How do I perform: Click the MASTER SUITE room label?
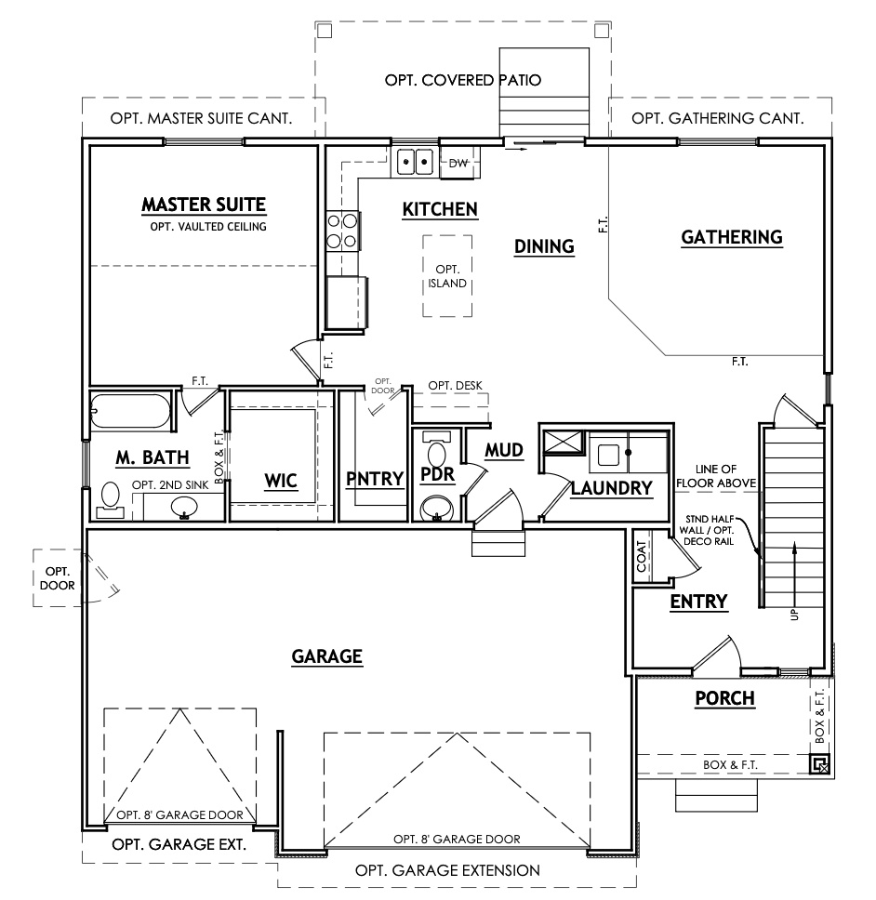click(204, 205)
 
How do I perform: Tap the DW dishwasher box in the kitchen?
click(458, 163)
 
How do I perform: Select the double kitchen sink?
click(414, 162)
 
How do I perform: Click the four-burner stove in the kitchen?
click(343, 231)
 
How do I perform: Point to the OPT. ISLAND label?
click(447, 276)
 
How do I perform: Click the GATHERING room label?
click(732, 237)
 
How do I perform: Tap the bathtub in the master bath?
click(131, 412)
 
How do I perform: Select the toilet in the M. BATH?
click(111, 497)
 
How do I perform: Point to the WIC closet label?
click(280, 480)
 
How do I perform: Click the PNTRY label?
click(374, 480)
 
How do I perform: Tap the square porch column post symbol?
click(818, 765)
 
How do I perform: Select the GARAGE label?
click(326, 656)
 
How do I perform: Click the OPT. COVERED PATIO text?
click(463, 81)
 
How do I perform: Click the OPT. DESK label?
click(455, 386)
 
